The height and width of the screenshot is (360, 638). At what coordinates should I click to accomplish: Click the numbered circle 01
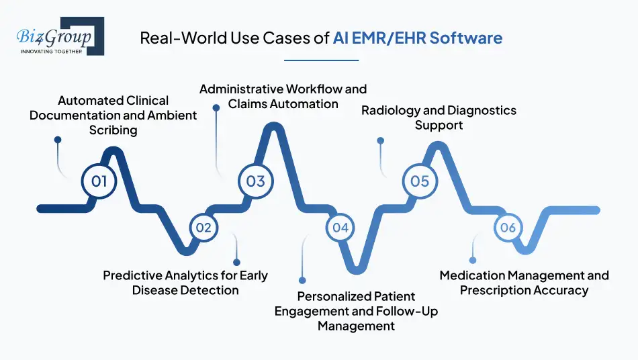[99, 181]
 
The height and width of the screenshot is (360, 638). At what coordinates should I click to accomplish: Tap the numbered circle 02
[203, 228]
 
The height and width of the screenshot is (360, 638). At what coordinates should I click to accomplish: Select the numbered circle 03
[255, 181]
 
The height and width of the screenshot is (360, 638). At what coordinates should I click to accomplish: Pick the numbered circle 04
[340, 228]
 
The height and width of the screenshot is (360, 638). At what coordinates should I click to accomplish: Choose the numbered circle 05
[420, 181]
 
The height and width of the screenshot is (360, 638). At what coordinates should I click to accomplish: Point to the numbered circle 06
[508, 228]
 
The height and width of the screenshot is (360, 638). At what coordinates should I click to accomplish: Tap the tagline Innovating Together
[52, 50]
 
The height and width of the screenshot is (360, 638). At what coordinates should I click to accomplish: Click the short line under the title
[321, 60]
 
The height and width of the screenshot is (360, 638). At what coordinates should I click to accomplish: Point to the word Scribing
[113, 130]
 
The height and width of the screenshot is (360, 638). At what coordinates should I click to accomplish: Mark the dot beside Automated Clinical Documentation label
[58, 140]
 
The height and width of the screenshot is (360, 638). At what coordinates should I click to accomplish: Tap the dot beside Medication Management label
[473, 260]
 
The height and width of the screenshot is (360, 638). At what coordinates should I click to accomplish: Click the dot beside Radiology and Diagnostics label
[381, 141]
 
